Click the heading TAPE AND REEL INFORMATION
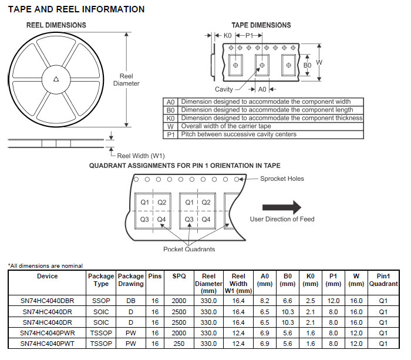coord(76,9)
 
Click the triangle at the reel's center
coord(56,80)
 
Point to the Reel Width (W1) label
coord(141,156)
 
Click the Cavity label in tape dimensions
coord(224,89)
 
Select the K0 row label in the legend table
coord(171,118)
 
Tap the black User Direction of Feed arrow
coord(281,207)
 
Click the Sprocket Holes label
coord(282,179)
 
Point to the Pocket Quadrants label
coord(188,249)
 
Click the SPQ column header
coord(179,276)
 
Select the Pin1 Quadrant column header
coord(383,280)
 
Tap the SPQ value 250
coord(179,344)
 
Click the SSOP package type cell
coord(101,300)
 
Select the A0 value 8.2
coord(265,300)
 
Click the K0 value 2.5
coord(311,300)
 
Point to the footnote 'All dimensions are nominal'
coord(46,265)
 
